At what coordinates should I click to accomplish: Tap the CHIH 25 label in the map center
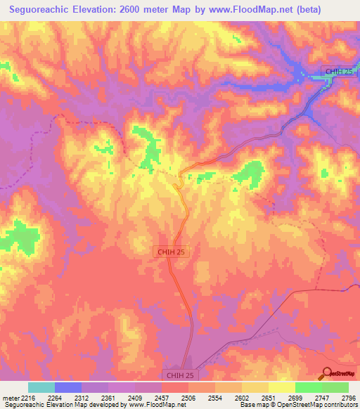pyautogui.click(x=171, y=250)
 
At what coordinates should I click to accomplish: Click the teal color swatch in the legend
pyautogui.click(x=41, y=387)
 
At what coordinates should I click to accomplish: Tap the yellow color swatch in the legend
pyautogui.click(x=282, y=387)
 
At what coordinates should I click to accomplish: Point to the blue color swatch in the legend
pyautogui.click(x=68, y=387)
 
